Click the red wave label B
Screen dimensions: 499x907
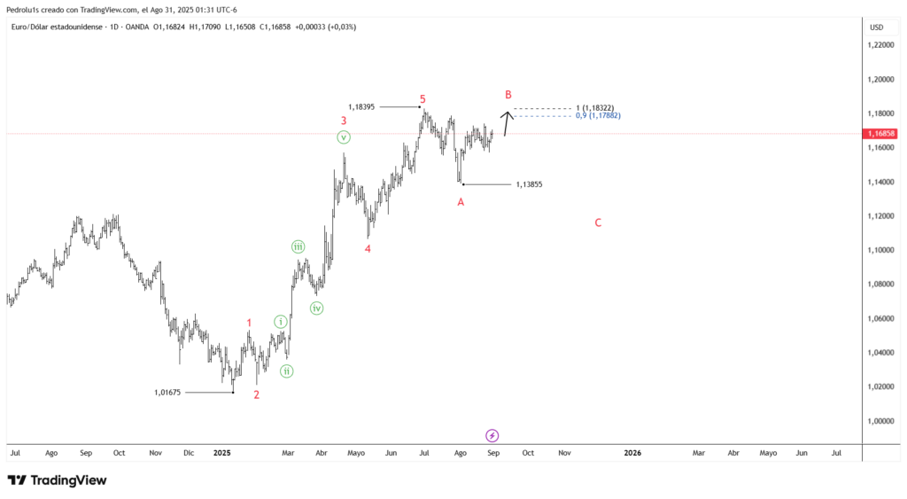[508, 95]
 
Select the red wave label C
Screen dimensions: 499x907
[598, 223]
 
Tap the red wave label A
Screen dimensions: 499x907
[461, 202]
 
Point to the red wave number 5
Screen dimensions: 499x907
[422, 99]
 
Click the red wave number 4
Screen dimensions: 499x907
[368, 249]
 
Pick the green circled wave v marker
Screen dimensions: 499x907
[344, 137]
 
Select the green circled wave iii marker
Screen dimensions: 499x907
[299, 247]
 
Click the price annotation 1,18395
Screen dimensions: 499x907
[361, 107]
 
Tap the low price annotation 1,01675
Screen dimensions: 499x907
[167, 393]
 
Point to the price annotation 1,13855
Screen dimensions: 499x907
[529, 185]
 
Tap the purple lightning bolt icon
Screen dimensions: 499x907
[492, 435]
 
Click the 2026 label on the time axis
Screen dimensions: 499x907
[632, 453]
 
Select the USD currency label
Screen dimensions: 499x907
[877, 27]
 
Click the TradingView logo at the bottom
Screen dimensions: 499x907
[57, 480]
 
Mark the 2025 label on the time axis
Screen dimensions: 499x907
[222, 453]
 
